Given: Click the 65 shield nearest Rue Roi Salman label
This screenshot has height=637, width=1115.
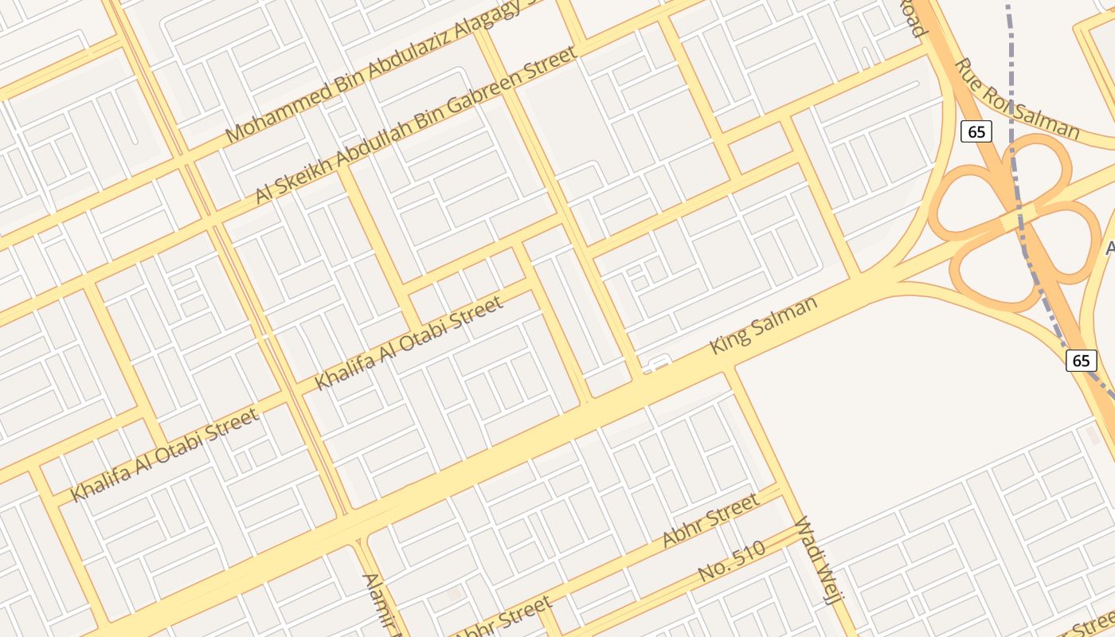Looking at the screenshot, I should pyautogui.click(x=976, y=131).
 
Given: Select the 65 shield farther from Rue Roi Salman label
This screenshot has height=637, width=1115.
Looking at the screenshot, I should pyautogui.click(x=1081, y=360).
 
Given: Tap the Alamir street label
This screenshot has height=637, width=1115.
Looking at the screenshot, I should pyautogui.click(x=380, y=601).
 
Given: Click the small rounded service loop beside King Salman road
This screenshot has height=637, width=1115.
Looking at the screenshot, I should pyautogui.click(x=656, y=365).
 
